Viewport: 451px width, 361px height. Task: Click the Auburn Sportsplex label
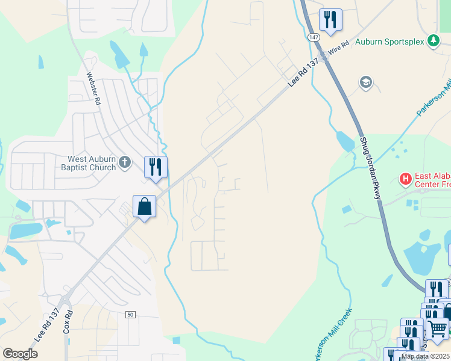[389, 42]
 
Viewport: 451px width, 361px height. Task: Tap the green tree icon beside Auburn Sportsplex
[433, 41]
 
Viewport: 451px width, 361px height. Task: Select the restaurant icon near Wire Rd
[330, 20]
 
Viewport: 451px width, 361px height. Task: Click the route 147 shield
[312, 37]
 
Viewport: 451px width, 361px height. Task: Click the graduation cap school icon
[365, 82]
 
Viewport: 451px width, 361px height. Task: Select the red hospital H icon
[406, 179]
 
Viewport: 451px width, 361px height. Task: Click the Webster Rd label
[92, 89]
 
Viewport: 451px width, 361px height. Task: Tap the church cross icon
[125, 162]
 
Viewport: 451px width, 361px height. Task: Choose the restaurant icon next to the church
[156, 167]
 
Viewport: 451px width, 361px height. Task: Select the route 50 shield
[130, 315]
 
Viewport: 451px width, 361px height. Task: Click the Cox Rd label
[68, 322]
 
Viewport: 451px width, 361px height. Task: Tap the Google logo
[20, 354]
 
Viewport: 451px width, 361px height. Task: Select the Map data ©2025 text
[426, 356]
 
